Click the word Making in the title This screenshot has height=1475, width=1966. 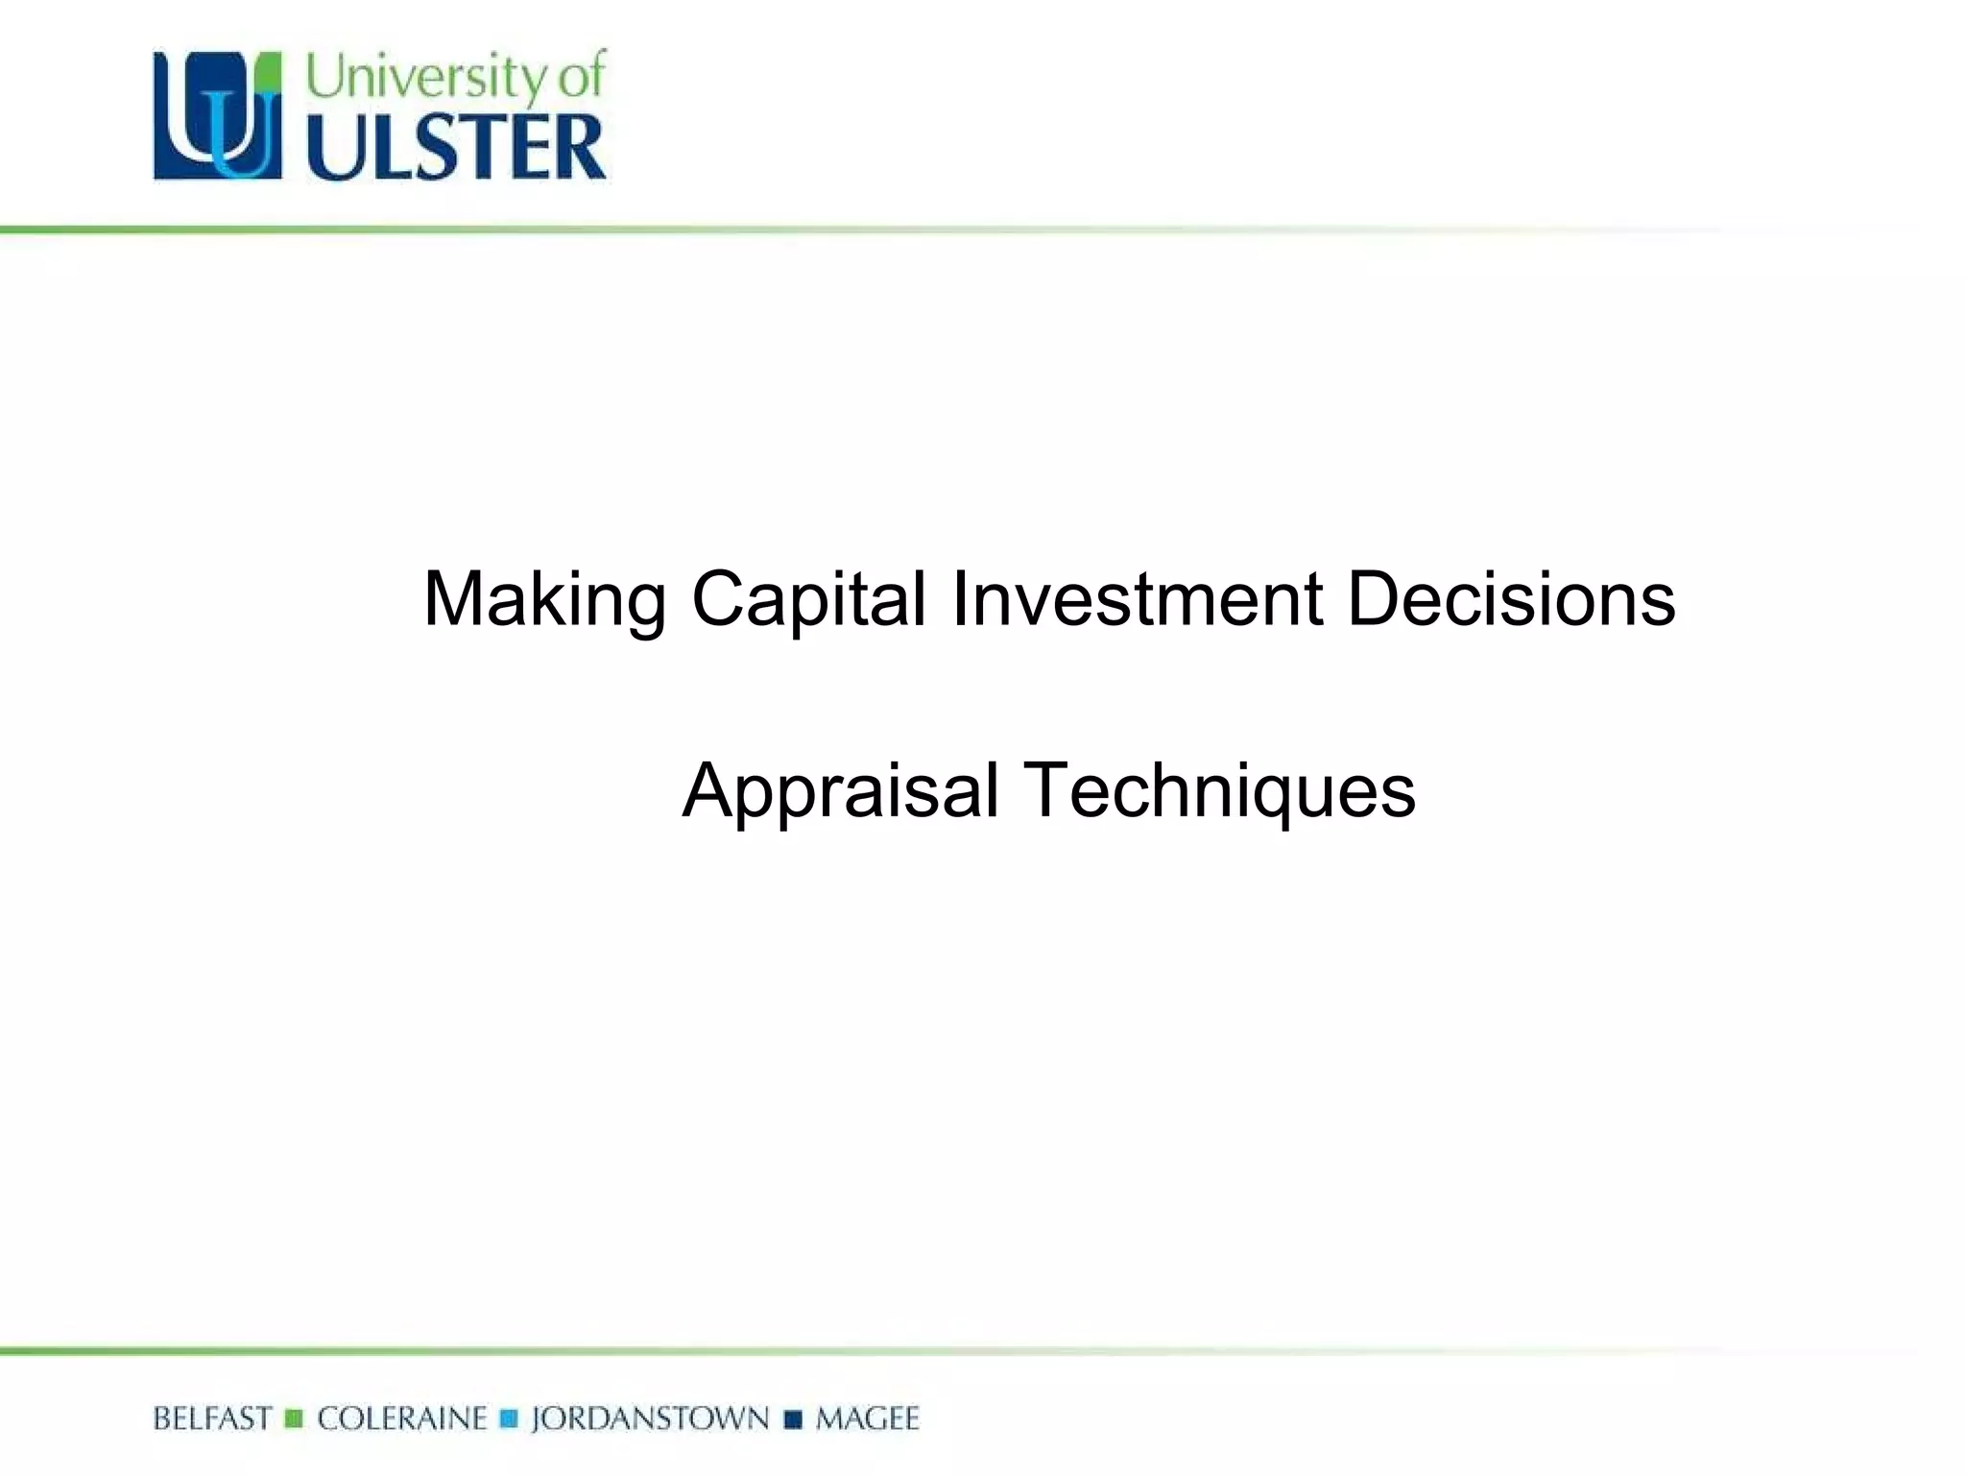click(543, 601)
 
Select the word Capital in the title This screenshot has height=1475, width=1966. click(808, 601)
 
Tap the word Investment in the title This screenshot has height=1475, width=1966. click(1137, 599)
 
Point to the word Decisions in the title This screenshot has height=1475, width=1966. click(1511, 599)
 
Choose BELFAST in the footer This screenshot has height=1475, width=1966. click(212, 1418)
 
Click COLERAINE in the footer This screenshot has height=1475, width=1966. click(402, 1418)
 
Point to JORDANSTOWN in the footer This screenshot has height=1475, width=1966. click(650, 1418)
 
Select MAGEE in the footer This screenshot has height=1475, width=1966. click(867, 1418)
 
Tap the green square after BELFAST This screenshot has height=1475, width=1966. click(295, 1419)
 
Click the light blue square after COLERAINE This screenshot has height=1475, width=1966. click(509, 1419)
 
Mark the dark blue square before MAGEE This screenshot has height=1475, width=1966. click(793, 1419)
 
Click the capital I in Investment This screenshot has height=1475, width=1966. click(959, 599)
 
